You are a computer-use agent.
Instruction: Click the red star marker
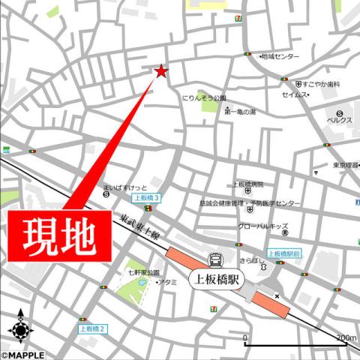click(160, 71)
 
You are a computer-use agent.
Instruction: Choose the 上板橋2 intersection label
click(93, 328)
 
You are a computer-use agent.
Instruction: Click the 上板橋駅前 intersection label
click(283, 253)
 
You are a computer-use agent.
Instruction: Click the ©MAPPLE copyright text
click(22, 355)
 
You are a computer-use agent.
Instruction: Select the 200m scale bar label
click(346, 338)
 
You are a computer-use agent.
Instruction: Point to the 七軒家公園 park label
click(143, 272)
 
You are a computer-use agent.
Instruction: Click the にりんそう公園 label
click(204, 98)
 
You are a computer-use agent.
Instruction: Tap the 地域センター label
click(280, 57)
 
